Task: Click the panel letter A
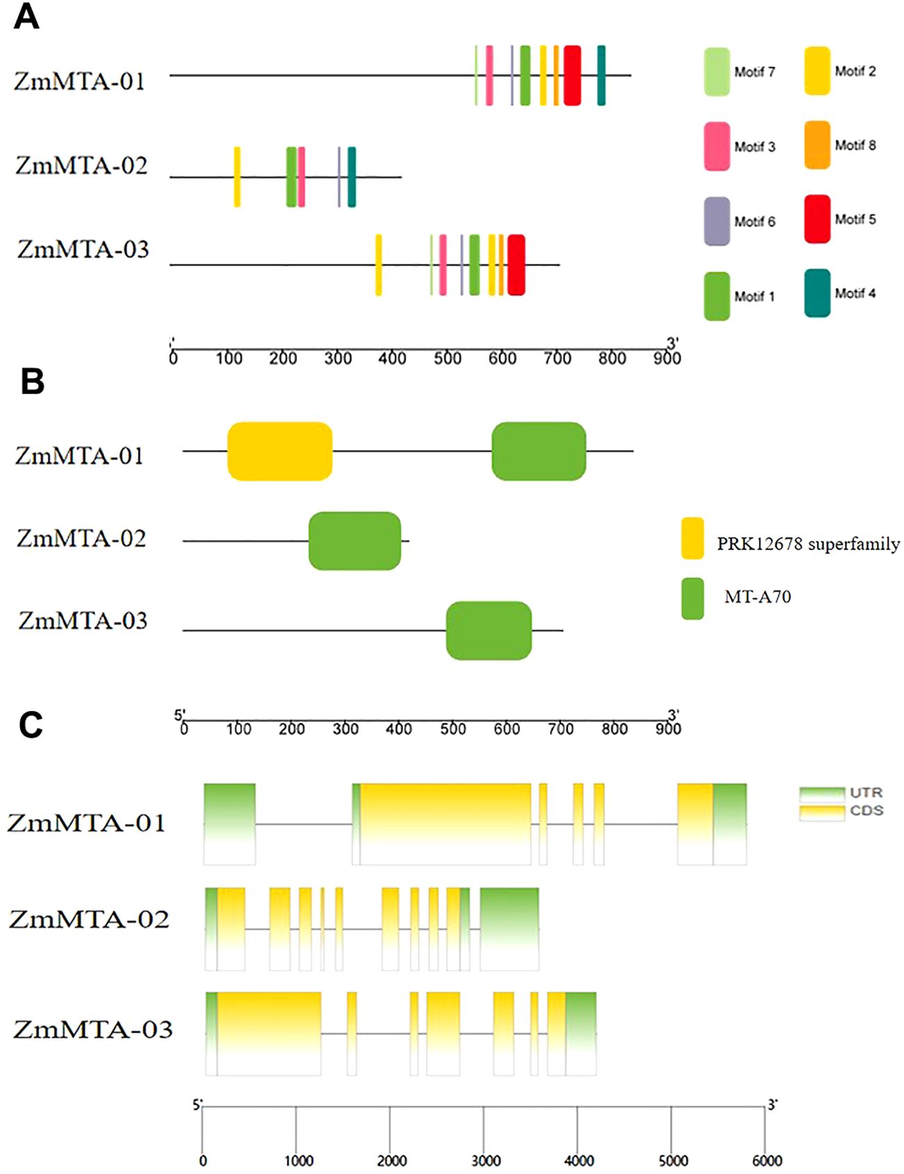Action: [x=26, y=17]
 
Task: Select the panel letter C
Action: [x=31, y=724]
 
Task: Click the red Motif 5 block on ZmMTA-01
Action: [x=572, y=75]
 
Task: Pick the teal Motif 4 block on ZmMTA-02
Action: [x=351, y=177]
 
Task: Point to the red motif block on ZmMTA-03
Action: [x=516, y=264]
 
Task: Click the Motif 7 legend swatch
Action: [x=717, y=72]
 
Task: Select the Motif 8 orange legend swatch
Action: [x=817, y=145]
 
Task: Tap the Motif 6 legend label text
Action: [x=755, y=221]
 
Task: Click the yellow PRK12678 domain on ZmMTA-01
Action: [x=280, y=451]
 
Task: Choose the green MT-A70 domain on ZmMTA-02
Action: [x=355, y=541]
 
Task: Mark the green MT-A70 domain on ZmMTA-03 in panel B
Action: [x=489, y=630]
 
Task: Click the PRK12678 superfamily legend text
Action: [x=808, y=544]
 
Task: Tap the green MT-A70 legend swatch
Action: [x=692, y=598]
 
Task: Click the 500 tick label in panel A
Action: [x=447, y=358]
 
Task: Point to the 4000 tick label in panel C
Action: [x=579, y=1161]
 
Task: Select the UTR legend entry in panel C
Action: [x=841, y=793]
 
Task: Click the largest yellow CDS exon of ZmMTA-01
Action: [x=445, y=824]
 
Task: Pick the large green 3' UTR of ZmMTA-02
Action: [x=509, y=929]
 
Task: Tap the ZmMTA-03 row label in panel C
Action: [x=93, y=1029]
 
